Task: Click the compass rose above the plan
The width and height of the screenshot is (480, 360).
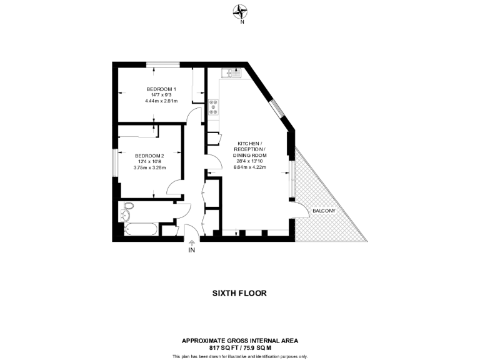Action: tap(241, 10)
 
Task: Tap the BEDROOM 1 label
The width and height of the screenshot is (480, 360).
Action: tap(161, 89)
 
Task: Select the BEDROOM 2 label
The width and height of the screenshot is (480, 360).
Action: tap(149, 156)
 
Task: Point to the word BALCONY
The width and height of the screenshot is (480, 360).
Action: tap(324, 211)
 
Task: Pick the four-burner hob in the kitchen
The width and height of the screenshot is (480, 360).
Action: tap(214, 107)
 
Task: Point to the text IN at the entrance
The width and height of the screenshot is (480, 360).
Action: tap(192, 251)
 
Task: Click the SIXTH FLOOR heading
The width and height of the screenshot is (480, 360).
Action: tap(239, 292)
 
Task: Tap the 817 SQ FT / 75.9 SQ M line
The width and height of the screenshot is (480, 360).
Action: tap(240, 347)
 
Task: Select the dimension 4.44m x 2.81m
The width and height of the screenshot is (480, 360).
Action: tap(161, 101)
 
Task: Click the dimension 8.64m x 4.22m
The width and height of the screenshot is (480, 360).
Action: tap(250, 167)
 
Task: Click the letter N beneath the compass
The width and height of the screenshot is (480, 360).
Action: tap(241, 21)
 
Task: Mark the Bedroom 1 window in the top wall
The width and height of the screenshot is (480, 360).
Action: tap(164, 62)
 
